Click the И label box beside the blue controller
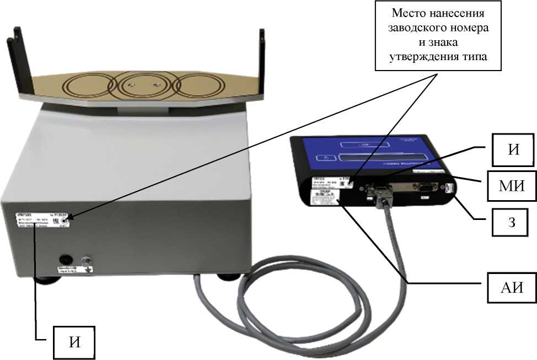click(x=513, y=150)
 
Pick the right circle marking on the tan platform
click(x=196, y=85)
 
